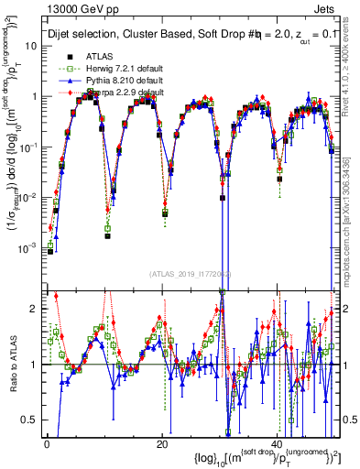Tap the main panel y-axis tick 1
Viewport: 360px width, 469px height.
pos(33,96)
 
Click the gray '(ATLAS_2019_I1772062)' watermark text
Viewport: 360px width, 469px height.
pos(190,273)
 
